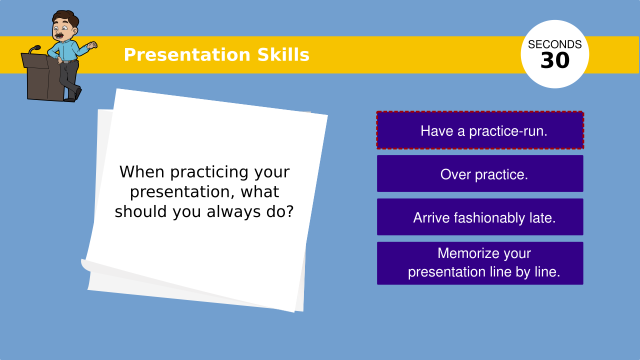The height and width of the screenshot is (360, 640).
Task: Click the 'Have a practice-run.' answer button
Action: pos(480,130)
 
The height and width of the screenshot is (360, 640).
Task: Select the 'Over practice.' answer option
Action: pos(480,173)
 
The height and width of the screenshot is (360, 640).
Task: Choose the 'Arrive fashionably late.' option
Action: pos(480,217)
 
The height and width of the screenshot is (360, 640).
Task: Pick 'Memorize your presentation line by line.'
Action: pos(480,263)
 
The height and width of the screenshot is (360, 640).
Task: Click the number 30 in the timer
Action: pos(555,60)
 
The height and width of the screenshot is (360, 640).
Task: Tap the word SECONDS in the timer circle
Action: pos(555,44)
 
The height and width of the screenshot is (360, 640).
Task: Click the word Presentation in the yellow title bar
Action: pos(187,55)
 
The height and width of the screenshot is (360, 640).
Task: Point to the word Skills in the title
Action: pos(283,54)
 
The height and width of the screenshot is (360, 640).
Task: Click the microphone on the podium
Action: pos(34,49)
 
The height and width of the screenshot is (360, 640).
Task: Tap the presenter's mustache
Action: pos(59,35)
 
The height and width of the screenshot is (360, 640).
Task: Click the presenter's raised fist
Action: pos(92,45)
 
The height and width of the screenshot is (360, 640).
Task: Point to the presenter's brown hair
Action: pos(66,17)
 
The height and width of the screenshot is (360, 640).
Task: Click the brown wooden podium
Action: pos(43,76)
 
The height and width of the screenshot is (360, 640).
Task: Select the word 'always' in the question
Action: pos(233,211)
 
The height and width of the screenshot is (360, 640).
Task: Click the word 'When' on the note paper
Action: pos(142,172)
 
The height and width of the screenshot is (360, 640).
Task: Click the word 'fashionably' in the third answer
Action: pos(489,218)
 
